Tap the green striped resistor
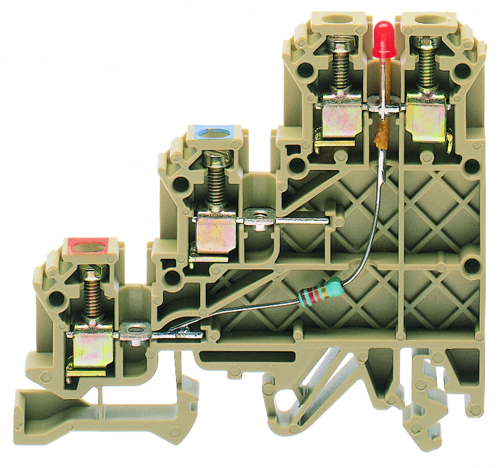(319, 292)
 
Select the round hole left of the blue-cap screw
(183, 185)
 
